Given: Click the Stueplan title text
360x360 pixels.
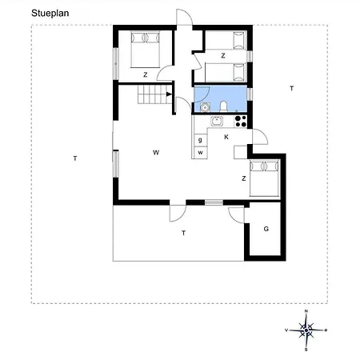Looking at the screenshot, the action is (x=50, y=14).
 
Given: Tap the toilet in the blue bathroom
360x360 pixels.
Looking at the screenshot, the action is (x=223, y=106).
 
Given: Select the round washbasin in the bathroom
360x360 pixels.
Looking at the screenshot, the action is (x=205, y=107).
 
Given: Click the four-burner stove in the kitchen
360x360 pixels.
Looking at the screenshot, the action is (x=241, y=121).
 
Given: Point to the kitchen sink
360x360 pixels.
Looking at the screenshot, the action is (x=217, y=122).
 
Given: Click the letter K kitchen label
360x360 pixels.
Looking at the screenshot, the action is (x=226, y=137).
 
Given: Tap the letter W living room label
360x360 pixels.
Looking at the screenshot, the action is (x=156, y=153).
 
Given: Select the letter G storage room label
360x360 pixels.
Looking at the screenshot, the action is (x=266, y=229).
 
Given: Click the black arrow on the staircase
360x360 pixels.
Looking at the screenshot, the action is (x=169, y=94).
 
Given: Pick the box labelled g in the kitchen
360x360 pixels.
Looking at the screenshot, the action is (x=200, y=140).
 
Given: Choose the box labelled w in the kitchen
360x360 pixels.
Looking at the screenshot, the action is (x=200, y=153).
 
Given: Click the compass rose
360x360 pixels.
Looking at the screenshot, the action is (x=306, y=330).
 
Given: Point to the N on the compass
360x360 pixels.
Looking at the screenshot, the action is (x=306, y=311).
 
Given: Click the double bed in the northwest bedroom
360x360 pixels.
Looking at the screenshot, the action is (x=146, y=50).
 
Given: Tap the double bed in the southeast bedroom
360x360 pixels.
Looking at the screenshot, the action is (x=264, y=178).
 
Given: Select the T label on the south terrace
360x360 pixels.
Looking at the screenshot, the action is (x=183, y=233).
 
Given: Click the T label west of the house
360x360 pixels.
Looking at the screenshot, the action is (x=75, y=158).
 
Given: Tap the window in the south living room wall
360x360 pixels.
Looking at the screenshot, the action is (x=214, y=202).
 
